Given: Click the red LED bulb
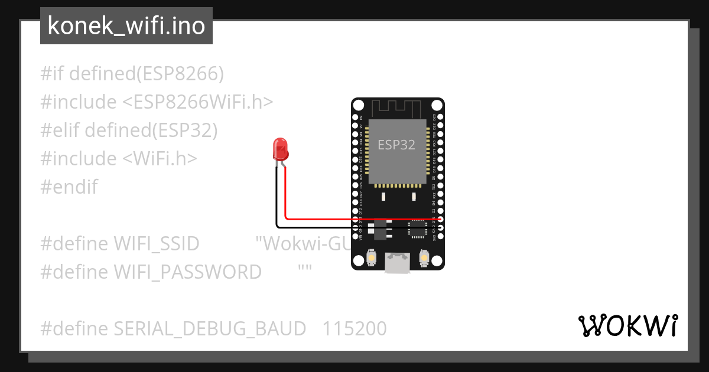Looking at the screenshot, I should [280, 149].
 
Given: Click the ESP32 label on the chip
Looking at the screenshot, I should [396, 145].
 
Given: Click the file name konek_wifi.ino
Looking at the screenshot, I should [126, 26].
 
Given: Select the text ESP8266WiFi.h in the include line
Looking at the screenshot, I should [198, 102].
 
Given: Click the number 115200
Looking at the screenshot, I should [354, 329].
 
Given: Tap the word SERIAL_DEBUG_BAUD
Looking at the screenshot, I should [210, 329].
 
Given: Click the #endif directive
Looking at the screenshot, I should [69, 187].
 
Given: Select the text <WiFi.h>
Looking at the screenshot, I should [160, 159].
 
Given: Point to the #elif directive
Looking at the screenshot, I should [60, 130].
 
